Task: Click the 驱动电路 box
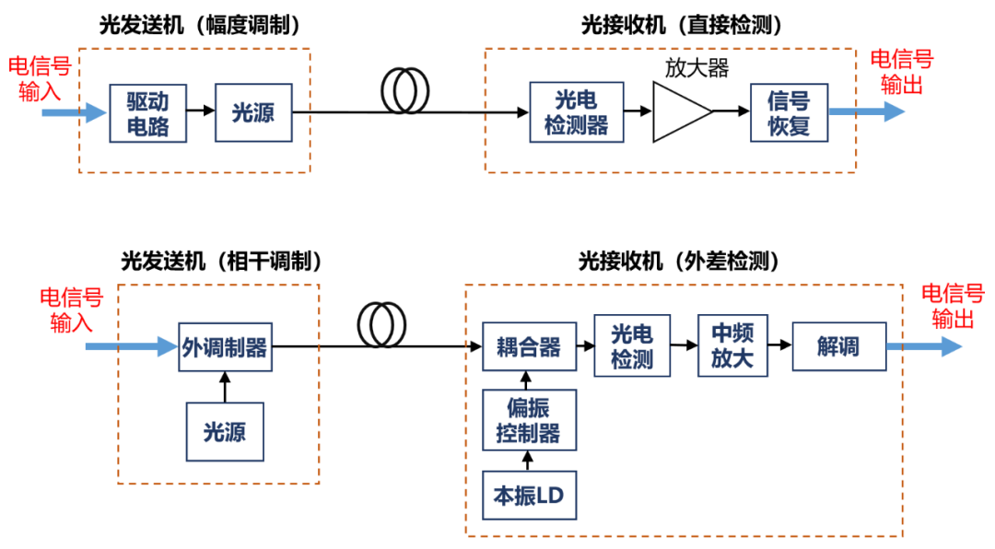click(x=147, y=113)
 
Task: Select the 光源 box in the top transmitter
click(x=252, y=112)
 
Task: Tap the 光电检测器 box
click(x=576, y=112)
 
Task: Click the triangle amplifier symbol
click(x=680, y=112)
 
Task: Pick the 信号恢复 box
click(x=789, y=112)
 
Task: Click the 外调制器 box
click(x=225, y=346)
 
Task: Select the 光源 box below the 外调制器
click(x=225, y=431)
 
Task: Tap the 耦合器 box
click(x=529, y=346)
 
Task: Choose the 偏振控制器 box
click(x=529, y=420)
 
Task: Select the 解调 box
click(x=838, y=346)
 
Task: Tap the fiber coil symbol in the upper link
click(x=405, y=91)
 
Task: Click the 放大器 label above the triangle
click(x=696, y=69)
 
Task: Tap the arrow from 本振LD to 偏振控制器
click(x=528, y=460)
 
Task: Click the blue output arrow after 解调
click(x=923, y=347)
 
